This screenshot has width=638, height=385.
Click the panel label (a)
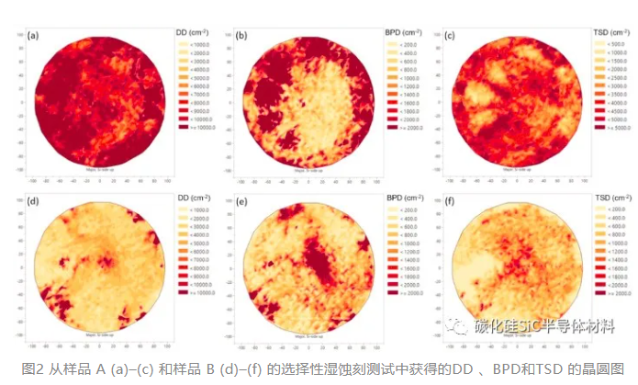tap(34, 37)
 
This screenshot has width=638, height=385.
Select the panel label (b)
tap(242, 37)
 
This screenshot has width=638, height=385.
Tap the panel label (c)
tap(450, 37)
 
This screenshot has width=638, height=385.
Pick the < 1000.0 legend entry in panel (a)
tap(199, 44)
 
